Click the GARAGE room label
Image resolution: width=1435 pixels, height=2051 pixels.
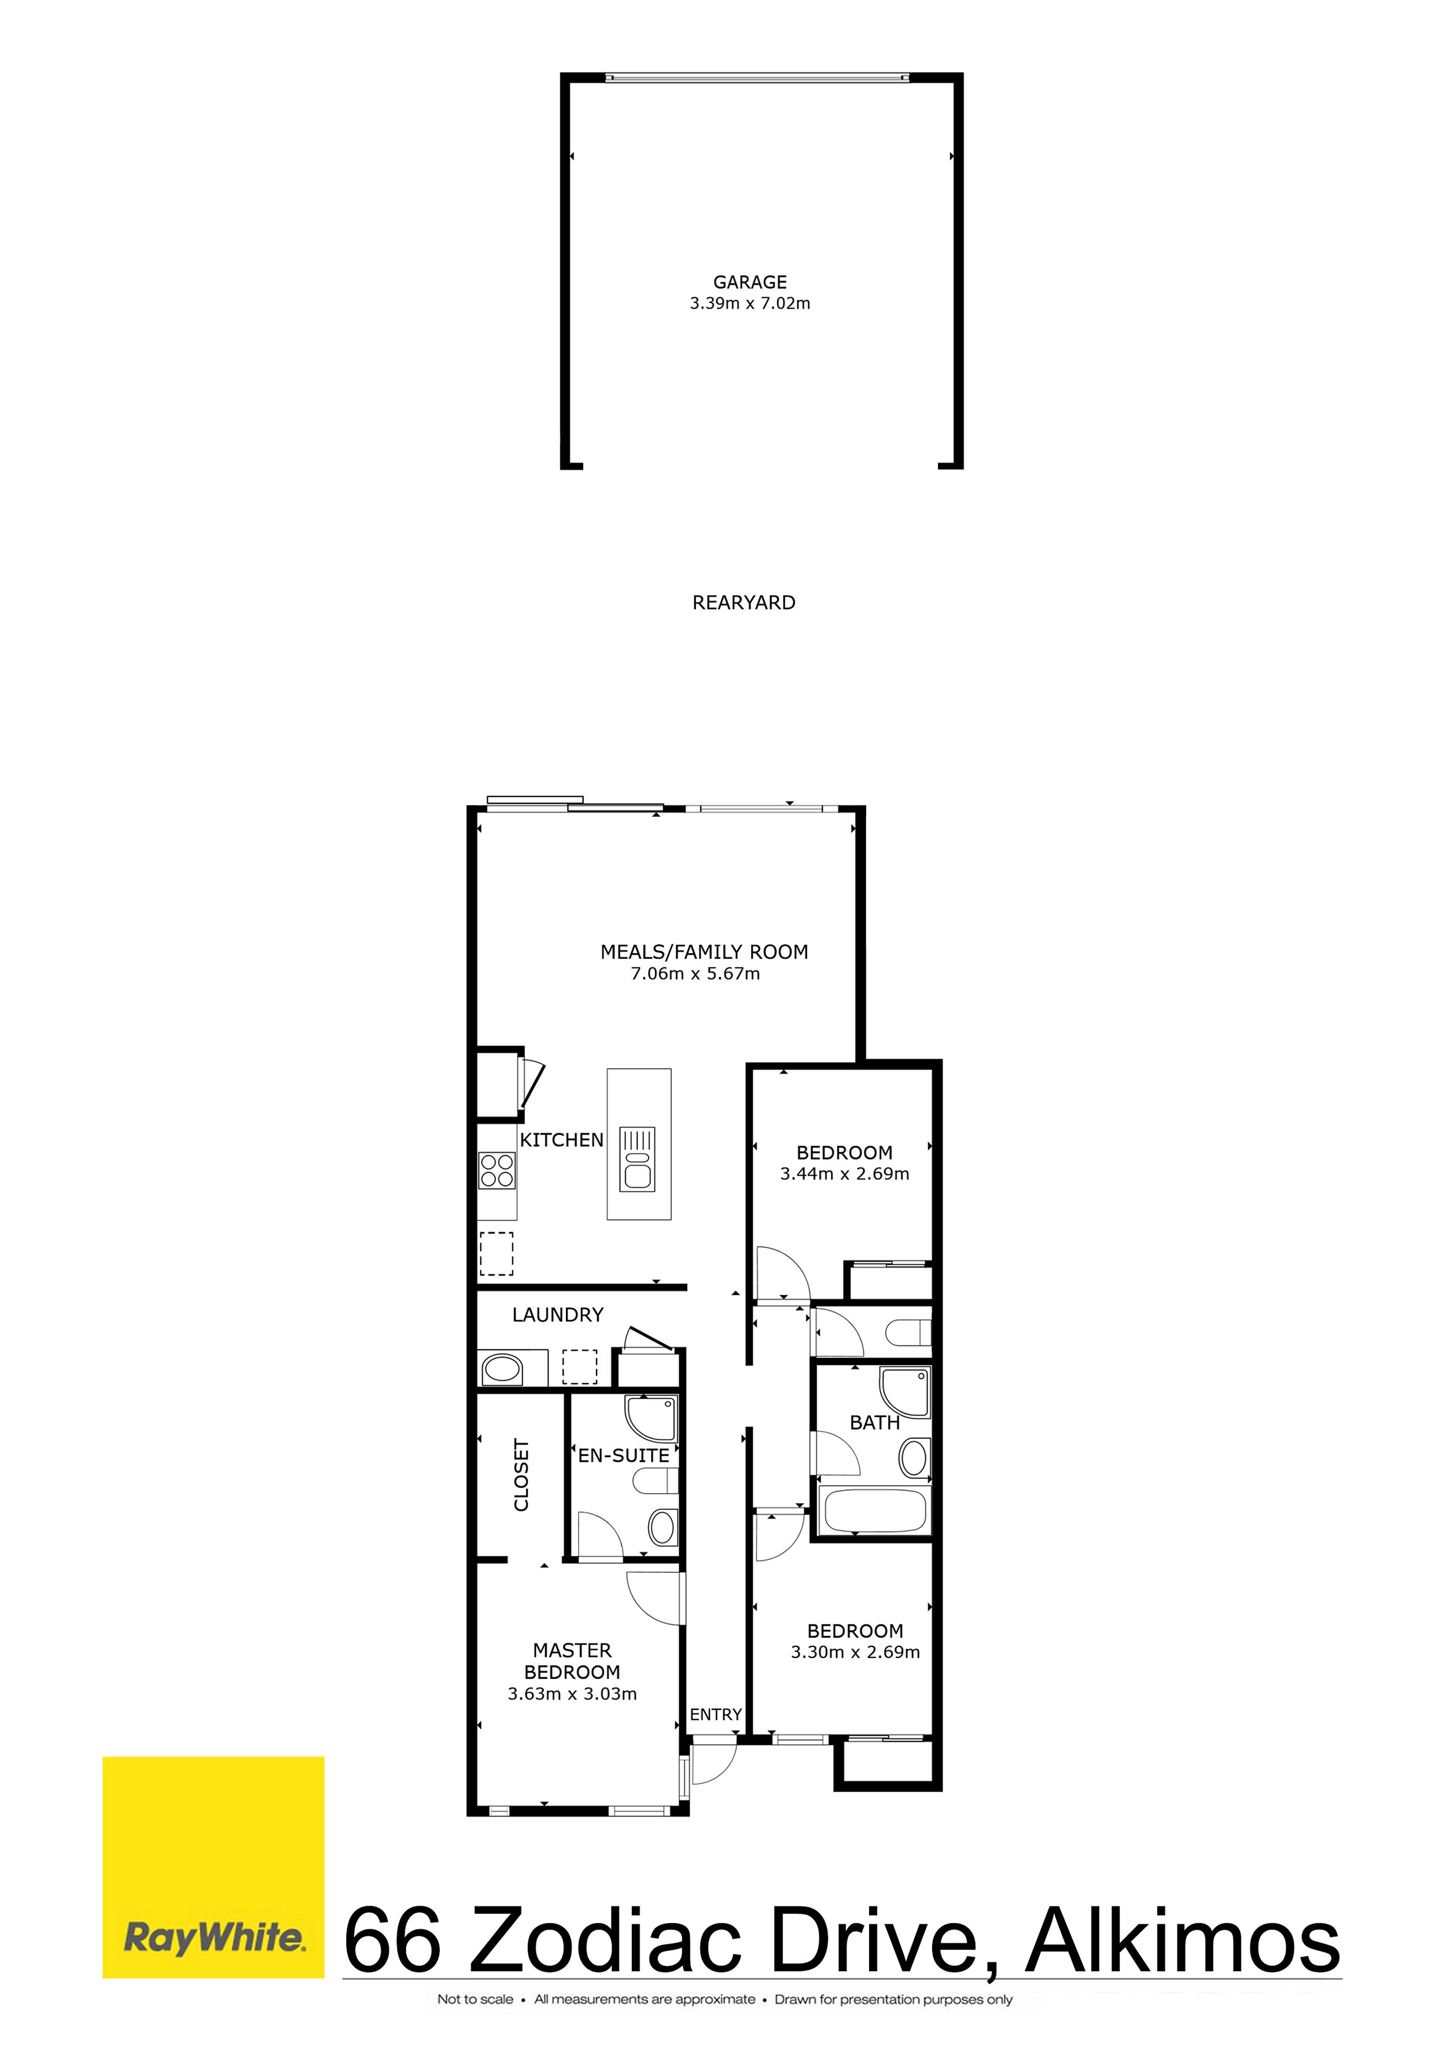click(749, 282)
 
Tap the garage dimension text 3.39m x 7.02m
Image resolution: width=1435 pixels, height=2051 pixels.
click(749, 304)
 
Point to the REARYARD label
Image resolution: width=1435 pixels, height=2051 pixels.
click(743, 603)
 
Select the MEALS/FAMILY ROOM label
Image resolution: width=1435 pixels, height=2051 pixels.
click(704, 952)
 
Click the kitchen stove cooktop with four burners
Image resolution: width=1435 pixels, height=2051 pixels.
click(496, 1170)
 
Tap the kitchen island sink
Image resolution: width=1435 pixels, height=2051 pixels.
click(638, 1160)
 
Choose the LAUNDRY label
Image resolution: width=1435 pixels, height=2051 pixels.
click(557, 1315)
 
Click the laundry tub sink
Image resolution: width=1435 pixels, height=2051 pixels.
click(502, 1368)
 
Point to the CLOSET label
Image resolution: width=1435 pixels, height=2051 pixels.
click(521, 1475)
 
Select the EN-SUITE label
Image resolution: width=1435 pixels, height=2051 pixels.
click(623, 1456)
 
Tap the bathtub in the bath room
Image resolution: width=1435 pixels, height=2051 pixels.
click(874, 1510)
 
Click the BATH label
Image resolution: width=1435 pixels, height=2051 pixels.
click(874, 1423)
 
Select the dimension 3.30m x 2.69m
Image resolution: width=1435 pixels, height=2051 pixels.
click(855, 1653)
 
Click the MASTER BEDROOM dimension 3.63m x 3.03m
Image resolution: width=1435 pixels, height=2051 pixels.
click(572, 1694)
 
